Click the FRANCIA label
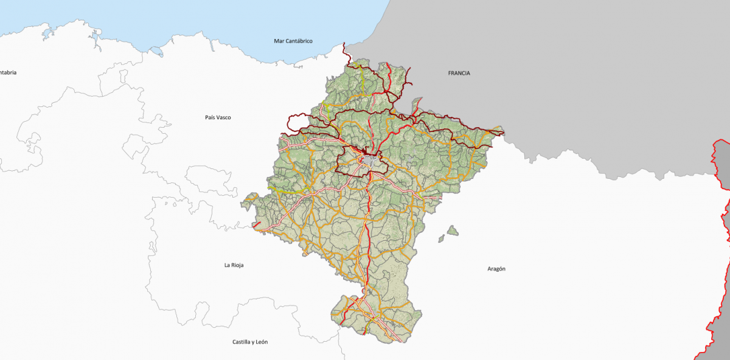coord(459,73)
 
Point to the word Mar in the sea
coord(279,41)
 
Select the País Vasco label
coord(218,117)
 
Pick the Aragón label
coord(496,269)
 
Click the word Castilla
coord(242,342)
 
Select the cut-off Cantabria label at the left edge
coord(7,72)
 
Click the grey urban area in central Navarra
coord(370,161)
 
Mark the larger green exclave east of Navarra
coord(452,230)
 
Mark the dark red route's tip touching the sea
coord(344,44)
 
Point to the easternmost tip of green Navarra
coord(503,131)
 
